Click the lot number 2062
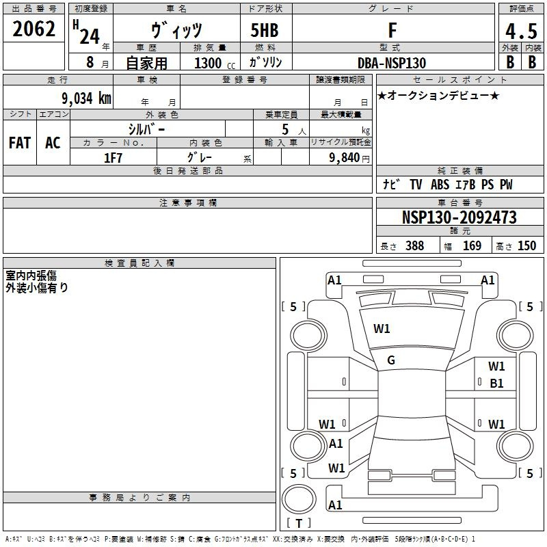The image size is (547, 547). [34, 29]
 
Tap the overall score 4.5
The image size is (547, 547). [521, 31]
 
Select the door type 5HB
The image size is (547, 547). [265, 30]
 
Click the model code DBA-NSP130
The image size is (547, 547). [392, 63]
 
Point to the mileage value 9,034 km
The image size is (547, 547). [86, 98]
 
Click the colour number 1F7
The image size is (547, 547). [113, 158]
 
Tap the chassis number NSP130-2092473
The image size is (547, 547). [459, 217]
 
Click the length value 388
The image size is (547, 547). [414, 245]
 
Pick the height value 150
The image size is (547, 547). [526, 245]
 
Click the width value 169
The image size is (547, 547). [472, 245]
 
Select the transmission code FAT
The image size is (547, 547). [20, 143]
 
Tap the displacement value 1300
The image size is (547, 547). [208, 63]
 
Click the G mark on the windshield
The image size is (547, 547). [391, 360]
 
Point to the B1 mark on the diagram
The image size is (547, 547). [496, 384]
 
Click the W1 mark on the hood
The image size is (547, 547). [382, 329]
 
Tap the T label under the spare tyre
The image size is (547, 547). [299, 523]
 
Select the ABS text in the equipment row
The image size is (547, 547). [440, 185]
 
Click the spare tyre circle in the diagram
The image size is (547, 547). [299, 498]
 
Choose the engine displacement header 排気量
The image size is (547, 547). [210, 47]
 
